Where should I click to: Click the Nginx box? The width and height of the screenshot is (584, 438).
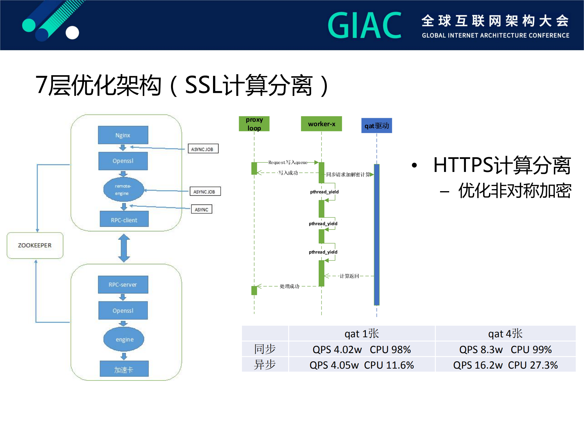pos(123,135)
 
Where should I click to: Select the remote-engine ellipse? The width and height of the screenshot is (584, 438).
pos(123,189)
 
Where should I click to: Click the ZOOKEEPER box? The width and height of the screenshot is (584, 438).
pos(35,245)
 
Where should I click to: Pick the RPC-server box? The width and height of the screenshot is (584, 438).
pos(123,285)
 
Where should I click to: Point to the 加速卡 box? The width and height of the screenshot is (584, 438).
pos(124,369)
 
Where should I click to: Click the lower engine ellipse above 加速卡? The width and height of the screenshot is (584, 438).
pos(124,339)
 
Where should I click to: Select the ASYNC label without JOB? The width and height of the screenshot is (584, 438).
pos(201,209)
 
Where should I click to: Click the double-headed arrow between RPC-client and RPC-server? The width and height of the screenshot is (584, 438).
pos(124,248)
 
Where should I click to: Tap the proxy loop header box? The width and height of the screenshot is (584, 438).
pos(254,124)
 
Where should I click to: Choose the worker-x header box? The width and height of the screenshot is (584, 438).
pos(321,124)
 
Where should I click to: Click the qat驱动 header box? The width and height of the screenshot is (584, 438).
pos(376,126)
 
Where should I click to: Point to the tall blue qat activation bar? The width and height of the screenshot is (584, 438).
pos(376,234)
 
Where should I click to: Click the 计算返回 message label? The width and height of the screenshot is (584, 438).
pos(349,276)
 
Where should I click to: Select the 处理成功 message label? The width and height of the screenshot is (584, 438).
pos(289,286)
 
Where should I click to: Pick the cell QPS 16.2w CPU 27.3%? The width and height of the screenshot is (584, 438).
pos(505,365)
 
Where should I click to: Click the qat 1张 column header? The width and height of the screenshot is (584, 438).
pos(362,334)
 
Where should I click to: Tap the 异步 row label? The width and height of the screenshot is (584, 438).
pos(265,365)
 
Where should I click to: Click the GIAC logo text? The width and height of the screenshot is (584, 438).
pos(365,25)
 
